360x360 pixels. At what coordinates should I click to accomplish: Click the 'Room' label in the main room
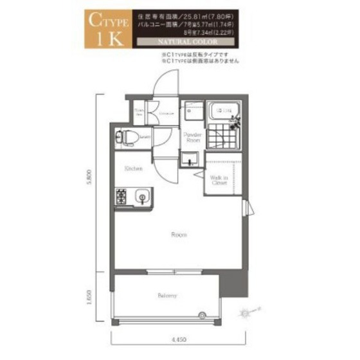[x=179, y=235]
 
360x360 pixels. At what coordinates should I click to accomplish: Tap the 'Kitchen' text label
[x=134, y=168]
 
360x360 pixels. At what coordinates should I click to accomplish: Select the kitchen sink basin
[x=141, y=196]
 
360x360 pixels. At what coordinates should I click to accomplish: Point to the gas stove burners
[x=122, y=197]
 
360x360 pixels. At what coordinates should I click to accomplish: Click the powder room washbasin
[x=189, y=160]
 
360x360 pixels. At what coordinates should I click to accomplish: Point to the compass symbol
[x=246, y=313]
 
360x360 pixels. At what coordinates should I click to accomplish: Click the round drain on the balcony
[x=203, y=314]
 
